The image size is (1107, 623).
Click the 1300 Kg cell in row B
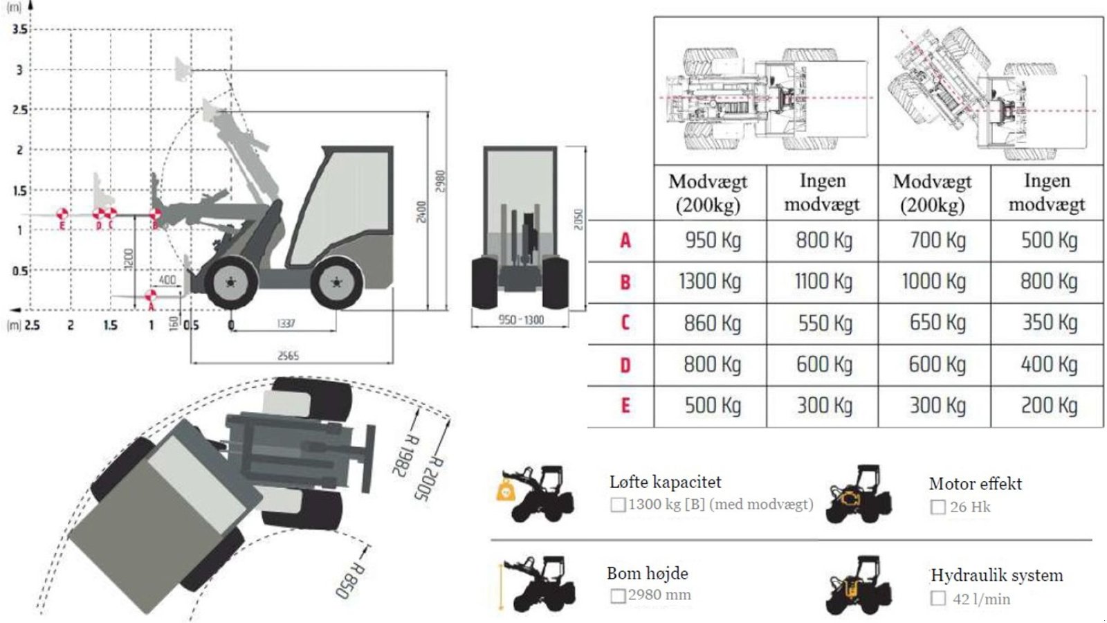710,282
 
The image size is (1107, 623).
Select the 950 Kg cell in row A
713,240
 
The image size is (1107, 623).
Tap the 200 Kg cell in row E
1049,406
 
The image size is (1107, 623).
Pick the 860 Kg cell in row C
712,323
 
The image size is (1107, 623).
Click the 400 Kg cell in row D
1049,364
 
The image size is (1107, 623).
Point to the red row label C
625,323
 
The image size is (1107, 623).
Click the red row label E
625,406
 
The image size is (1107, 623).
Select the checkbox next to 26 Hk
937,507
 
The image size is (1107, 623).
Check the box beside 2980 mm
618,595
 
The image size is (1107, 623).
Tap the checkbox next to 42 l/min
938,599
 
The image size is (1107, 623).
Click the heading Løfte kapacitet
665,482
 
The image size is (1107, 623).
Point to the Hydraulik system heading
996,575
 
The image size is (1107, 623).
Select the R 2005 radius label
427,478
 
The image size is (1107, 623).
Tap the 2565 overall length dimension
288,356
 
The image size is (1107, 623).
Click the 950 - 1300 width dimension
521,320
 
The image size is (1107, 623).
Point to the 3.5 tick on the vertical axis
19,30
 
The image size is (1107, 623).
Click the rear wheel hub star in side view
336,282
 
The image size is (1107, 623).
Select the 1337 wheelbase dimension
286,323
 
